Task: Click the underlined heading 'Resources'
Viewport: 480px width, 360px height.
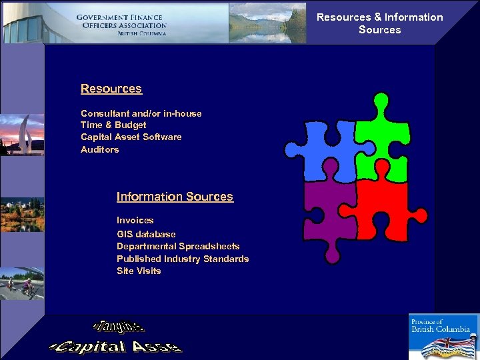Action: (x=111, y=89)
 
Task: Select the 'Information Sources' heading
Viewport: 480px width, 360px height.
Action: (x=175, y=197)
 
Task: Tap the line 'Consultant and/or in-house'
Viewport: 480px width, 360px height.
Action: (x=141, y=113)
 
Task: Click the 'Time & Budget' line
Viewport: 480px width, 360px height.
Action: (x=113, y=125)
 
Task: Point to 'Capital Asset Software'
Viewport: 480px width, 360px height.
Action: (x=131, y=137)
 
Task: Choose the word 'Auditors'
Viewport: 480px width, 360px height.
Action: (x=100, y=149)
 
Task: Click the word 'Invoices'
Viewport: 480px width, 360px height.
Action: (x=135, y=220)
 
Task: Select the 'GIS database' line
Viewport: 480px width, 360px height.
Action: (x=146, y=234)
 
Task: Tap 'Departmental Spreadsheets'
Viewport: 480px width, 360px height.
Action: (x=178, y=246)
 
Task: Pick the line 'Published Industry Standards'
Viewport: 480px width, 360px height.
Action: (x=183, y=259)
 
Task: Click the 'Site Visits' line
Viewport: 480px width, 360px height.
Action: (x=139, y=271)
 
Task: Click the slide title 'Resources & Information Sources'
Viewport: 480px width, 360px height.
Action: (x=380, y=23)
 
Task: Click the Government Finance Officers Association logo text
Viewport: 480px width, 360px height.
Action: (x=121, y=24)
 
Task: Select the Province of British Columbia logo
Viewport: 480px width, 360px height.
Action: (x=443, y=337)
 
